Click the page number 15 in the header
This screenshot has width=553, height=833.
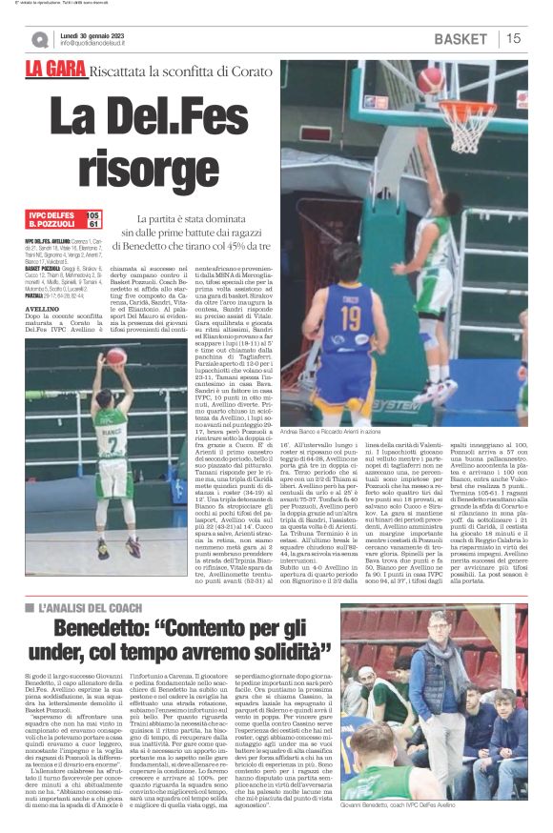(513, 38)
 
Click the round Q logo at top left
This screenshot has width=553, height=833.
(39, 39)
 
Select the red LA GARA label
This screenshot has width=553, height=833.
(54, 70)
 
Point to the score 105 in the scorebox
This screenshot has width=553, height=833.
(92, 216)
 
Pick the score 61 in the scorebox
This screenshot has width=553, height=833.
(92, 225)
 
